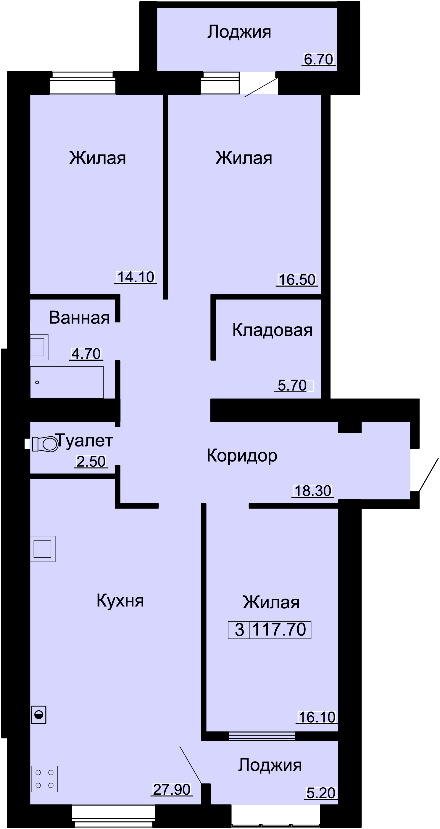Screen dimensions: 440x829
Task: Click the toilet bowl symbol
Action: [45, 444]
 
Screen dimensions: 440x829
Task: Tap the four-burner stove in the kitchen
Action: [44, 779]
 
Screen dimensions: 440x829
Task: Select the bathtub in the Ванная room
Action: [67, 382]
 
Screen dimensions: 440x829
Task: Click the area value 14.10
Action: [136, 278]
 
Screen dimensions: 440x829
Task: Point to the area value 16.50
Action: [297, 280]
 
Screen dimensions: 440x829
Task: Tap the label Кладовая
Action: [272, 330]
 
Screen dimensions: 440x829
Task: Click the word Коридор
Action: [242, 456]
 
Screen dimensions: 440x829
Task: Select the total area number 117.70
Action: [279, 630]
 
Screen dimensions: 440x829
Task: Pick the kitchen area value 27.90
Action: [172, 790]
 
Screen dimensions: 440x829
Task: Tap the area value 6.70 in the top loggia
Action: [318, 59]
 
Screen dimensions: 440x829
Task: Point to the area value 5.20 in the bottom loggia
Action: [321, 793]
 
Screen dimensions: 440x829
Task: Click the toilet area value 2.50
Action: [91, 462]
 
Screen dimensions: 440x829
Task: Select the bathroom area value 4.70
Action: [86, 354]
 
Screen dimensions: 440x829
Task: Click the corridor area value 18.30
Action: [312, 491]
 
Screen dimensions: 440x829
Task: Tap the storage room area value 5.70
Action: [292, 386]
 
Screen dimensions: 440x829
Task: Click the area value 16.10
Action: [317, 717]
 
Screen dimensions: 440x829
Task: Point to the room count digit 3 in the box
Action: [239, 630]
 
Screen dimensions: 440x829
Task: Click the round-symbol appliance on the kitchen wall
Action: [39, 715]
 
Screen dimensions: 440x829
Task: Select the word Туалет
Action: [84, 441]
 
